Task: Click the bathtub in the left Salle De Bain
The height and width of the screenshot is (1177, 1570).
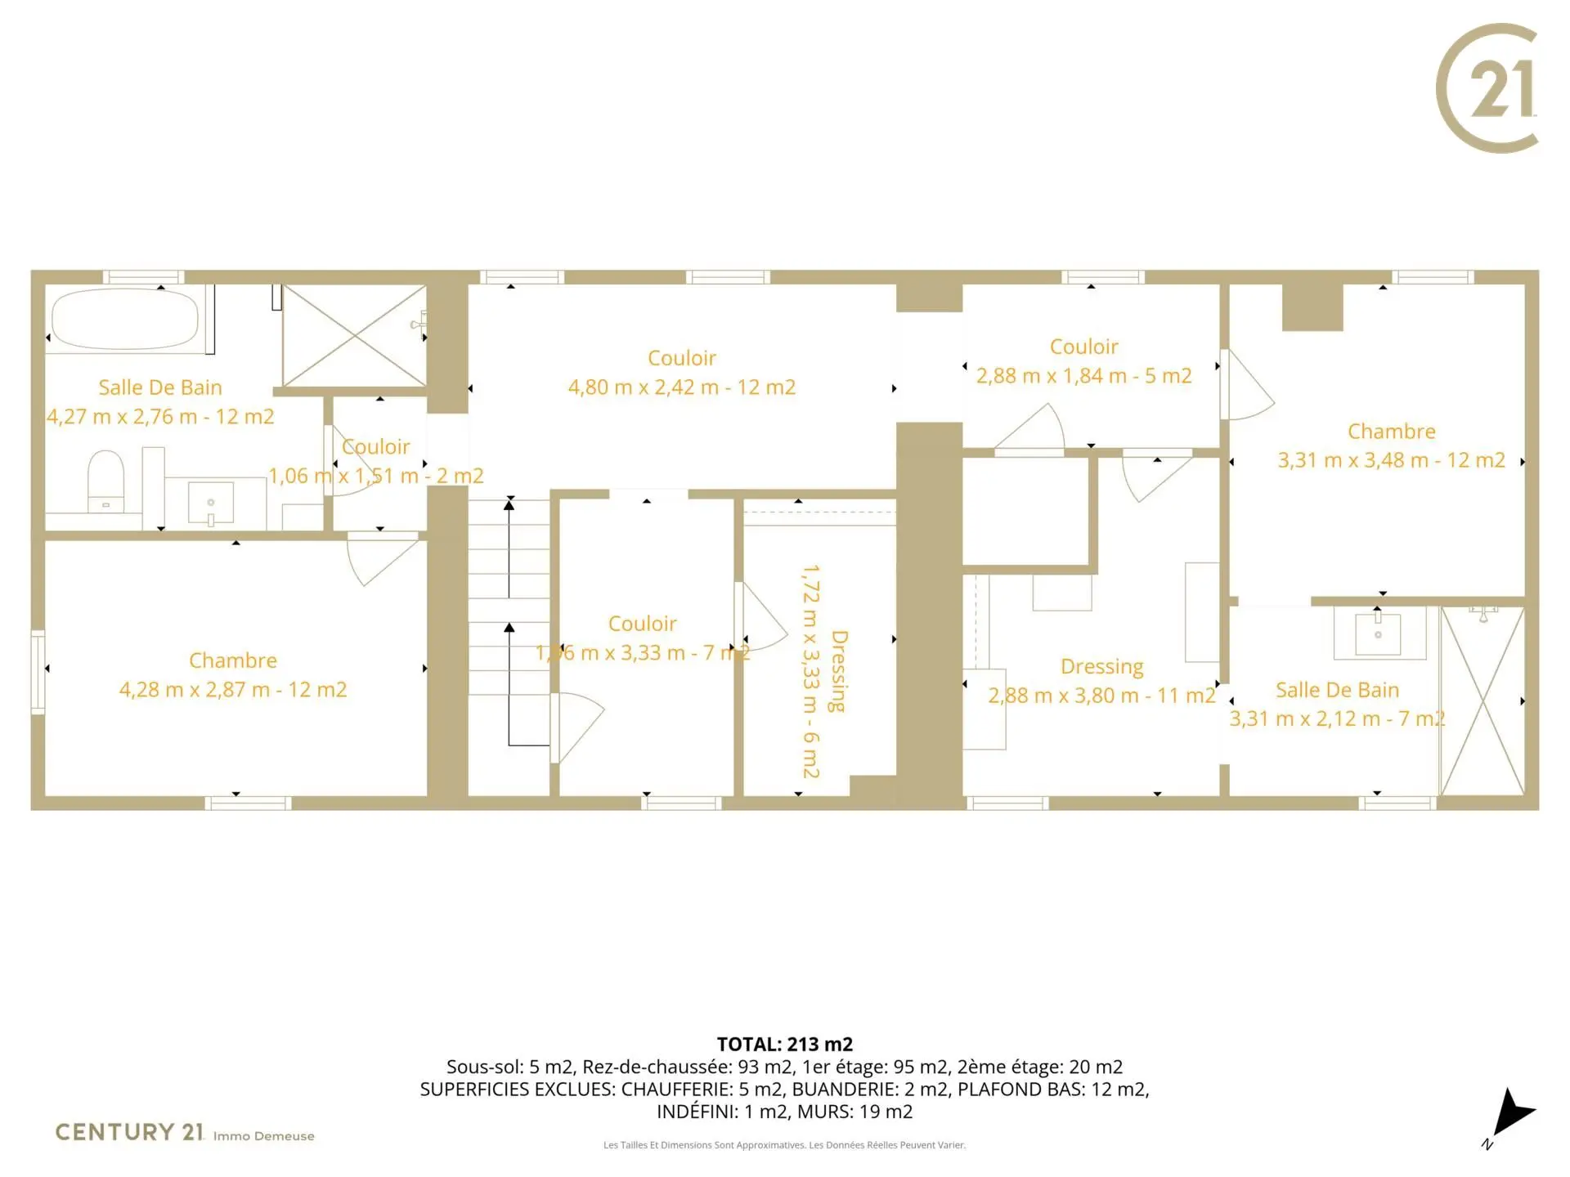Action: (x=124, y=320)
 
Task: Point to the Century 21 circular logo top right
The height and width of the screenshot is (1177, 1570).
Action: (x=1487, y=88)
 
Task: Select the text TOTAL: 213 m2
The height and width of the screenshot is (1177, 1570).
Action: (x=785, y=1044)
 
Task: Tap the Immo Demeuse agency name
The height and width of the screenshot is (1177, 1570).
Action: (x=263, y=1136)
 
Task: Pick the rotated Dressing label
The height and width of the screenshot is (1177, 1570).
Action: (x=838, y=671)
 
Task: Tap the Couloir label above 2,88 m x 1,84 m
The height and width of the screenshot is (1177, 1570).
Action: (x=1083, y=347)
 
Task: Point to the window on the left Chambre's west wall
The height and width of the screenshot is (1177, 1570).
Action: (x=38, y=671)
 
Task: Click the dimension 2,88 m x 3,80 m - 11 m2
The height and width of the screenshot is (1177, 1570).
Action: (x=1101, y=696)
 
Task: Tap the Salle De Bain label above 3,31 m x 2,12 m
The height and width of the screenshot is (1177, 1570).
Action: (x=1337, y=690)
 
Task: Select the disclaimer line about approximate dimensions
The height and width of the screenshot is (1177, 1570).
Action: (x=785, y=1145)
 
